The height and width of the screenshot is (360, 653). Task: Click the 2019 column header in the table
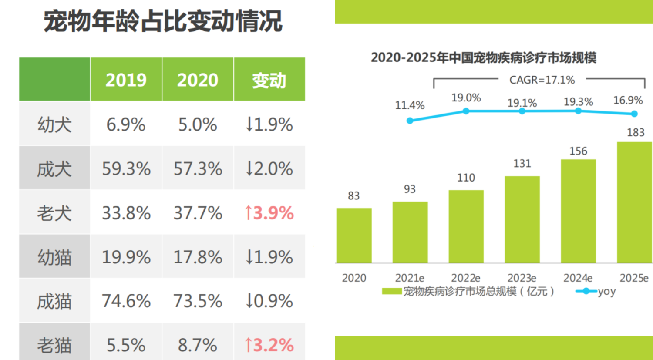126,80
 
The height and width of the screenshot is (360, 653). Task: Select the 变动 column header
269,80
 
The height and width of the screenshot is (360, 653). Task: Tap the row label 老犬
54,213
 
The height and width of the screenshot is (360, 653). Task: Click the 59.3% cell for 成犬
126,169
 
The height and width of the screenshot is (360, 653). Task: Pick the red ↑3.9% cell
269,213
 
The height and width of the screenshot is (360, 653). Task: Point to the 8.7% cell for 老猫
197,345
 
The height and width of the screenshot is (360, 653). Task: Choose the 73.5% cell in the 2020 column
198,301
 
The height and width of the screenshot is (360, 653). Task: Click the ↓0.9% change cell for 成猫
269,301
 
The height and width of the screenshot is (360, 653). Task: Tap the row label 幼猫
54,257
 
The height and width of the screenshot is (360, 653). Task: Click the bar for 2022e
466,226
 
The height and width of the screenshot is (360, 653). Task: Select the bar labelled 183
634,202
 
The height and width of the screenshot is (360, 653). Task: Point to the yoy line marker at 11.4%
410,121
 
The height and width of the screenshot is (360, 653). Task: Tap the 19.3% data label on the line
578,102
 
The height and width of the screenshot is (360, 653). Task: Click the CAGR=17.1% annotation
542,80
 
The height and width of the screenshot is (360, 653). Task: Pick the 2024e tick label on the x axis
578,278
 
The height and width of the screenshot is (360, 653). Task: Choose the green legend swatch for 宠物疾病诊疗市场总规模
391,291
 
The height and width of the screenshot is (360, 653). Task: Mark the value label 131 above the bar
522,164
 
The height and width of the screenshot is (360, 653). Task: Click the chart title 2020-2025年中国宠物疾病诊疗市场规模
483,57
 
